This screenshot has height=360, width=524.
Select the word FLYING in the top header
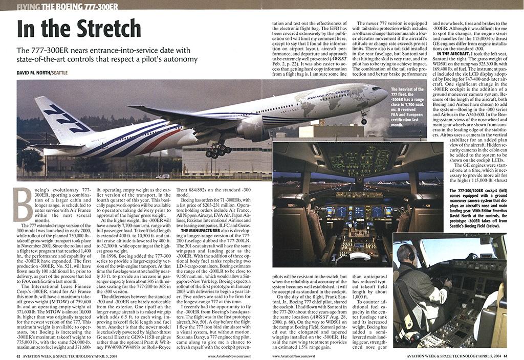[x=28, y=7]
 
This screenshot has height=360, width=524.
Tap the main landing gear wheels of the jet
[x=218, y=150]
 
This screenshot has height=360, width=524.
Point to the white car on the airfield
[x=163, y=176]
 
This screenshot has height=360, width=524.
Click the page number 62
[x=18, y=355]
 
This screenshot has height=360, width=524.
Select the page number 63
[x=505, y=355]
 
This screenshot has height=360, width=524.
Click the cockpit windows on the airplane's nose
[x=377, y=89]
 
